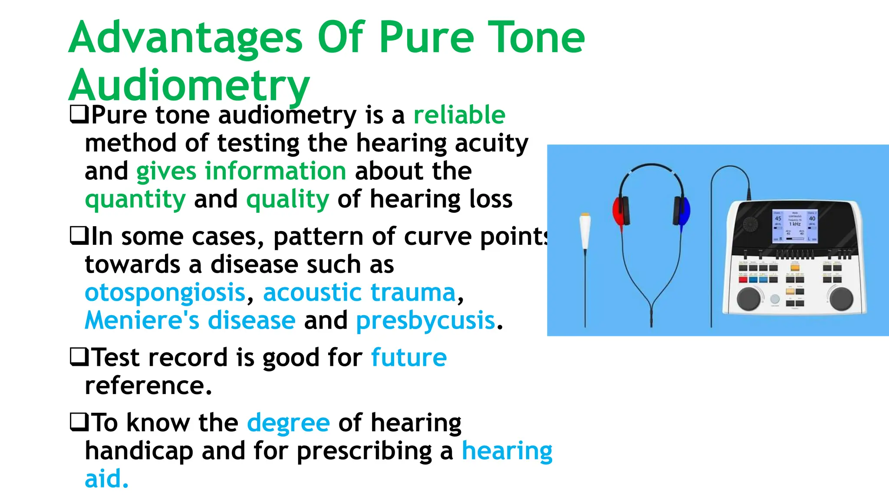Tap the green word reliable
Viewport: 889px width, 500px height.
(459, 115)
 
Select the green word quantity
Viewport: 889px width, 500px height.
(135, 199)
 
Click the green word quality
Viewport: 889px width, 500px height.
(288, 199)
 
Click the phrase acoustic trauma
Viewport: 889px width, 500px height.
(359, 293)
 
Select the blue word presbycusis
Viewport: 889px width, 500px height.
(425, 321)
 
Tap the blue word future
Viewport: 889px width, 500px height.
(408, 358)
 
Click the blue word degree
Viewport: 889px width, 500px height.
(288, 423)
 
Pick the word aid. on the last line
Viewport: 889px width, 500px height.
(107, 479)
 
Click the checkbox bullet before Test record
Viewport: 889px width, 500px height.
(79, 357)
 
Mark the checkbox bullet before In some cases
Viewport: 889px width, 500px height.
(79, 236)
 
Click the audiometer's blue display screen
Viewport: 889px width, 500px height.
(794, 226)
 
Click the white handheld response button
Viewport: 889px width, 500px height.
(585, 230)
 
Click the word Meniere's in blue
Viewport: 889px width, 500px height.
(142, 321)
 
